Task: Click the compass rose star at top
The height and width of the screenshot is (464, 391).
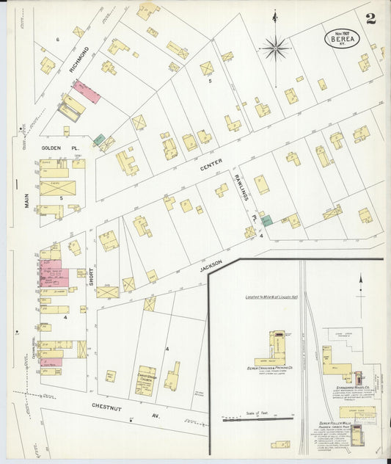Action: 276,48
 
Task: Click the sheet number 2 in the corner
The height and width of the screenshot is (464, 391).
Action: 371,18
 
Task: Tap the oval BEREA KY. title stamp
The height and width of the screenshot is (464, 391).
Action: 340,39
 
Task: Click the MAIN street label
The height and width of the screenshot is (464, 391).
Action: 27,197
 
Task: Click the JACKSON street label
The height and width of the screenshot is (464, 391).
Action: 209,270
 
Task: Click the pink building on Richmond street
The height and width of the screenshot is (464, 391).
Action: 86,93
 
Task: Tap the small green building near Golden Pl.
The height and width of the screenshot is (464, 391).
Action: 98,139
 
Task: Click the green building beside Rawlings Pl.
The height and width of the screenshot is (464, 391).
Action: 267,220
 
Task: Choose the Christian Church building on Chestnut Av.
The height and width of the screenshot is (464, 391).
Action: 146,380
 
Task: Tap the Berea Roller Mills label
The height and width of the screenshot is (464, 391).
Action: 337,424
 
